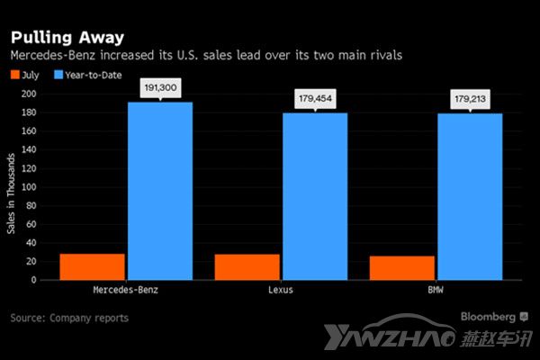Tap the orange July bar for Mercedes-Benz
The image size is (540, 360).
(x=92, y=266)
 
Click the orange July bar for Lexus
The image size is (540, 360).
(x=247, y=266)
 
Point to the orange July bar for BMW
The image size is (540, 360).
(x=402, y=267)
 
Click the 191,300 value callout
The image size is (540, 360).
(x=160, y=87)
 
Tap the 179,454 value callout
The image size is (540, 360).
(x=315, y=98)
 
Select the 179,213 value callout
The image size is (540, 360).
(x=470, y=98)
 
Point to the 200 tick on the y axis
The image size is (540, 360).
(x=28, y=94)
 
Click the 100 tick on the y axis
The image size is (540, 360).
(x=28, y=186)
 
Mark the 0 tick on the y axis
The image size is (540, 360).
(x=32, y=280)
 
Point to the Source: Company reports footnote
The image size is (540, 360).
(x=69, y=318)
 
